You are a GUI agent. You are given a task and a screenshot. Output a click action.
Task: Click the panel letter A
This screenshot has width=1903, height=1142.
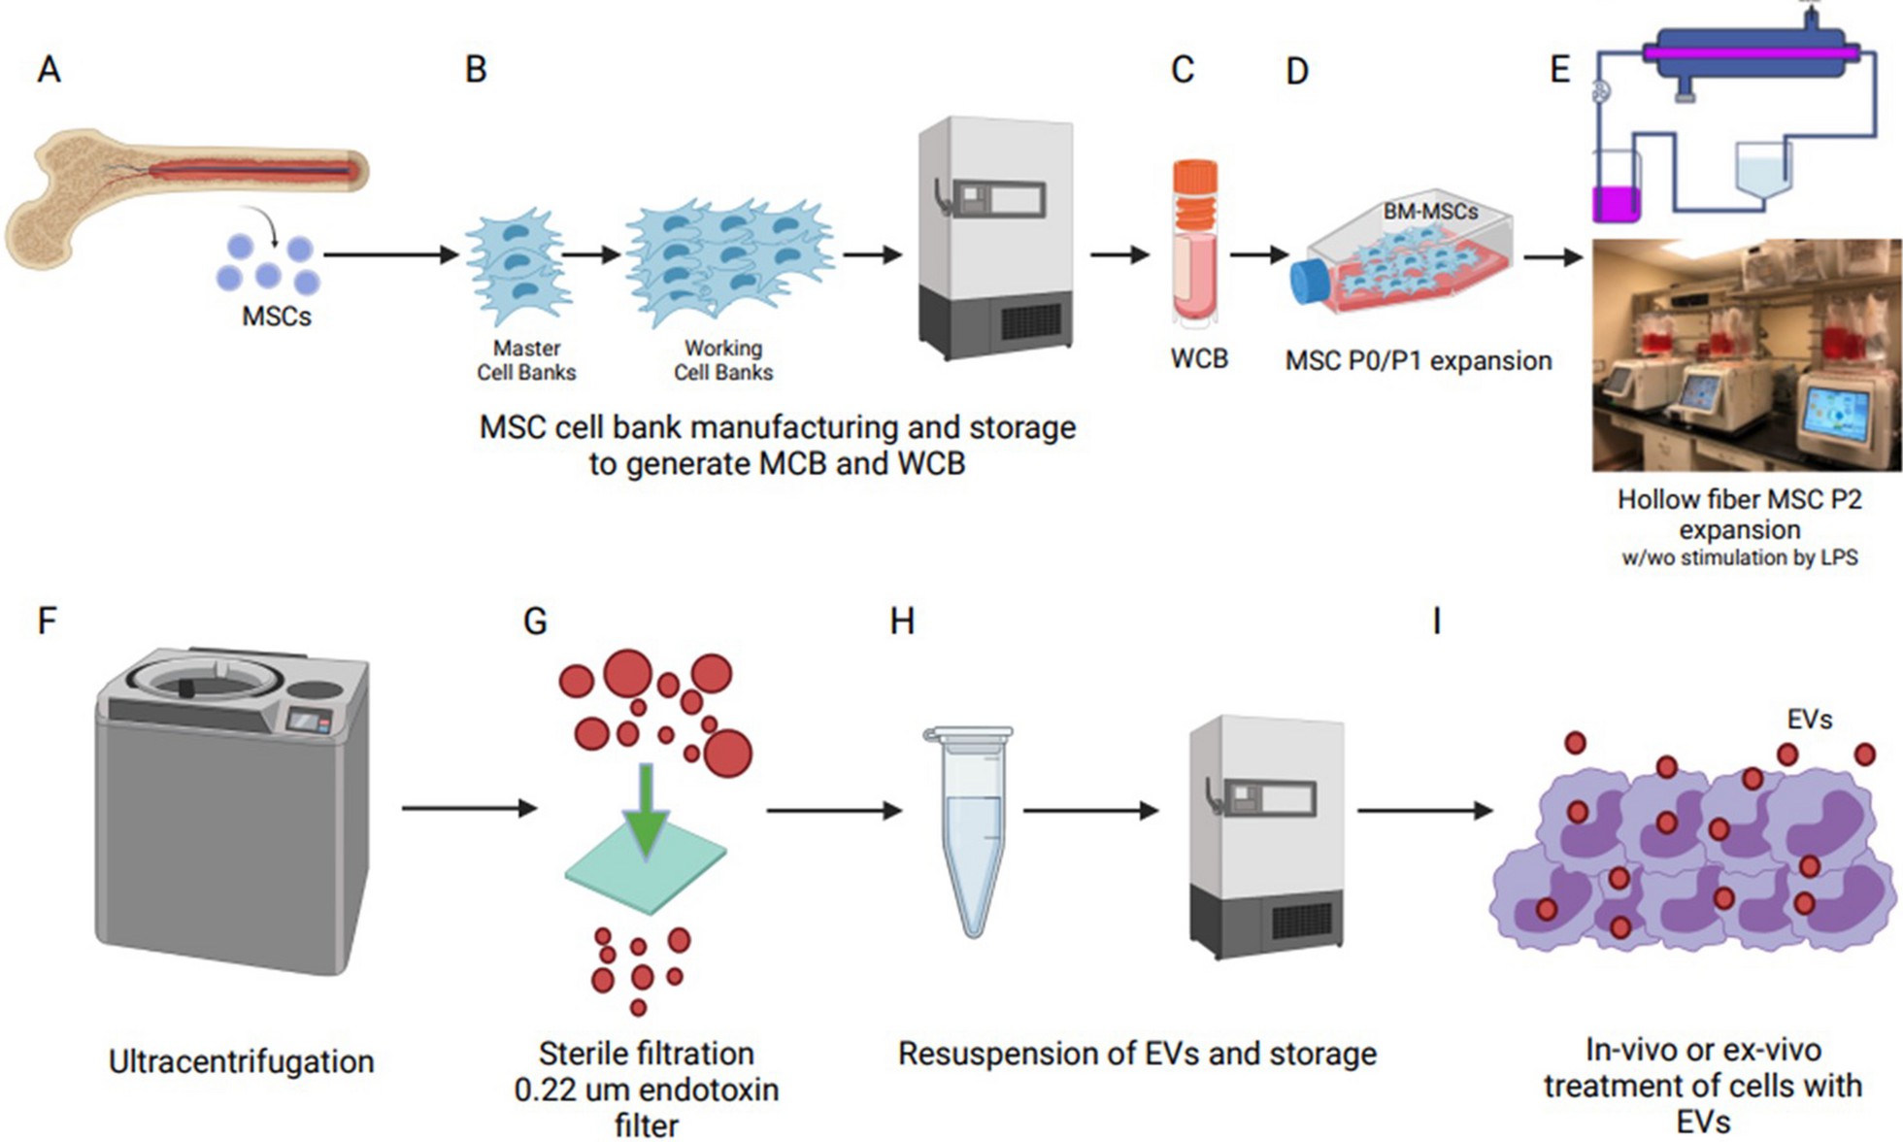tap(49, 70)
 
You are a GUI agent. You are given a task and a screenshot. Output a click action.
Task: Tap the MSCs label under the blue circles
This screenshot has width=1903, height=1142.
tap(277, 317)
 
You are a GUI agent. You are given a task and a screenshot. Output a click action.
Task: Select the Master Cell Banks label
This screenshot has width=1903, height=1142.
tap(526, 360)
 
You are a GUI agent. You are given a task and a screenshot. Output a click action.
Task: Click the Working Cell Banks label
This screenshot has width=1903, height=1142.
tap(723, 360)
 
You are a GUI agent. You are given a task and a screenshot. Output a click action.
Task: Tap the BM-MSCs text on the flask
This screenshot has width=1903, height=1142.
tap(1430, 211)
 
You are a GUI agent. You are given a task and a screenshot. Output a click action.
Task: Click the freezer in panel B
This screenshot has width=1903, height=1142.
tap(996, 238)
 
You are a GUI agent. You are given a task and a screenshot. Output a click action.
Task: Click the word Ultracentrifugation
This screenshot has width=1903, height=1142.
tap(241, 1061)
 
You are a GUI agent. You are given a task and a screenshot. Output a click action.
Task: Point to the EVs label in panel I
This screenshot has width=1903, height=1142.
tap(1809, 720)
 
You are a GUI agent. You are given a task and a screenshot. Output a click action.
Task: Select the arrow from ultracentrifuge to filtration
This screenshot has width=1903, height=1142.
tap(469, 808)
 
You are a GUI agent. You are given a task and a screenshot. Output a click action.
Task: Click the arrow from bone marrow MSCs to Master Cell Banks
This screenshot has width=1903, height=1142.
tap(390, 255)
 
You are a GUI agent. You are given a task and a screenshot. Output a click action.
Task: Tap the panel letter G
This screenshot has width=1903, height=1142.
tap(535, 621)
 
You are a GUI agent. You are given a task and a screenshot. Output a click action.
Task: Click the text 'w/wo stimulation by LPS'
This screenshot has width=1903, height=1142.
tap(1739, 558)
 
